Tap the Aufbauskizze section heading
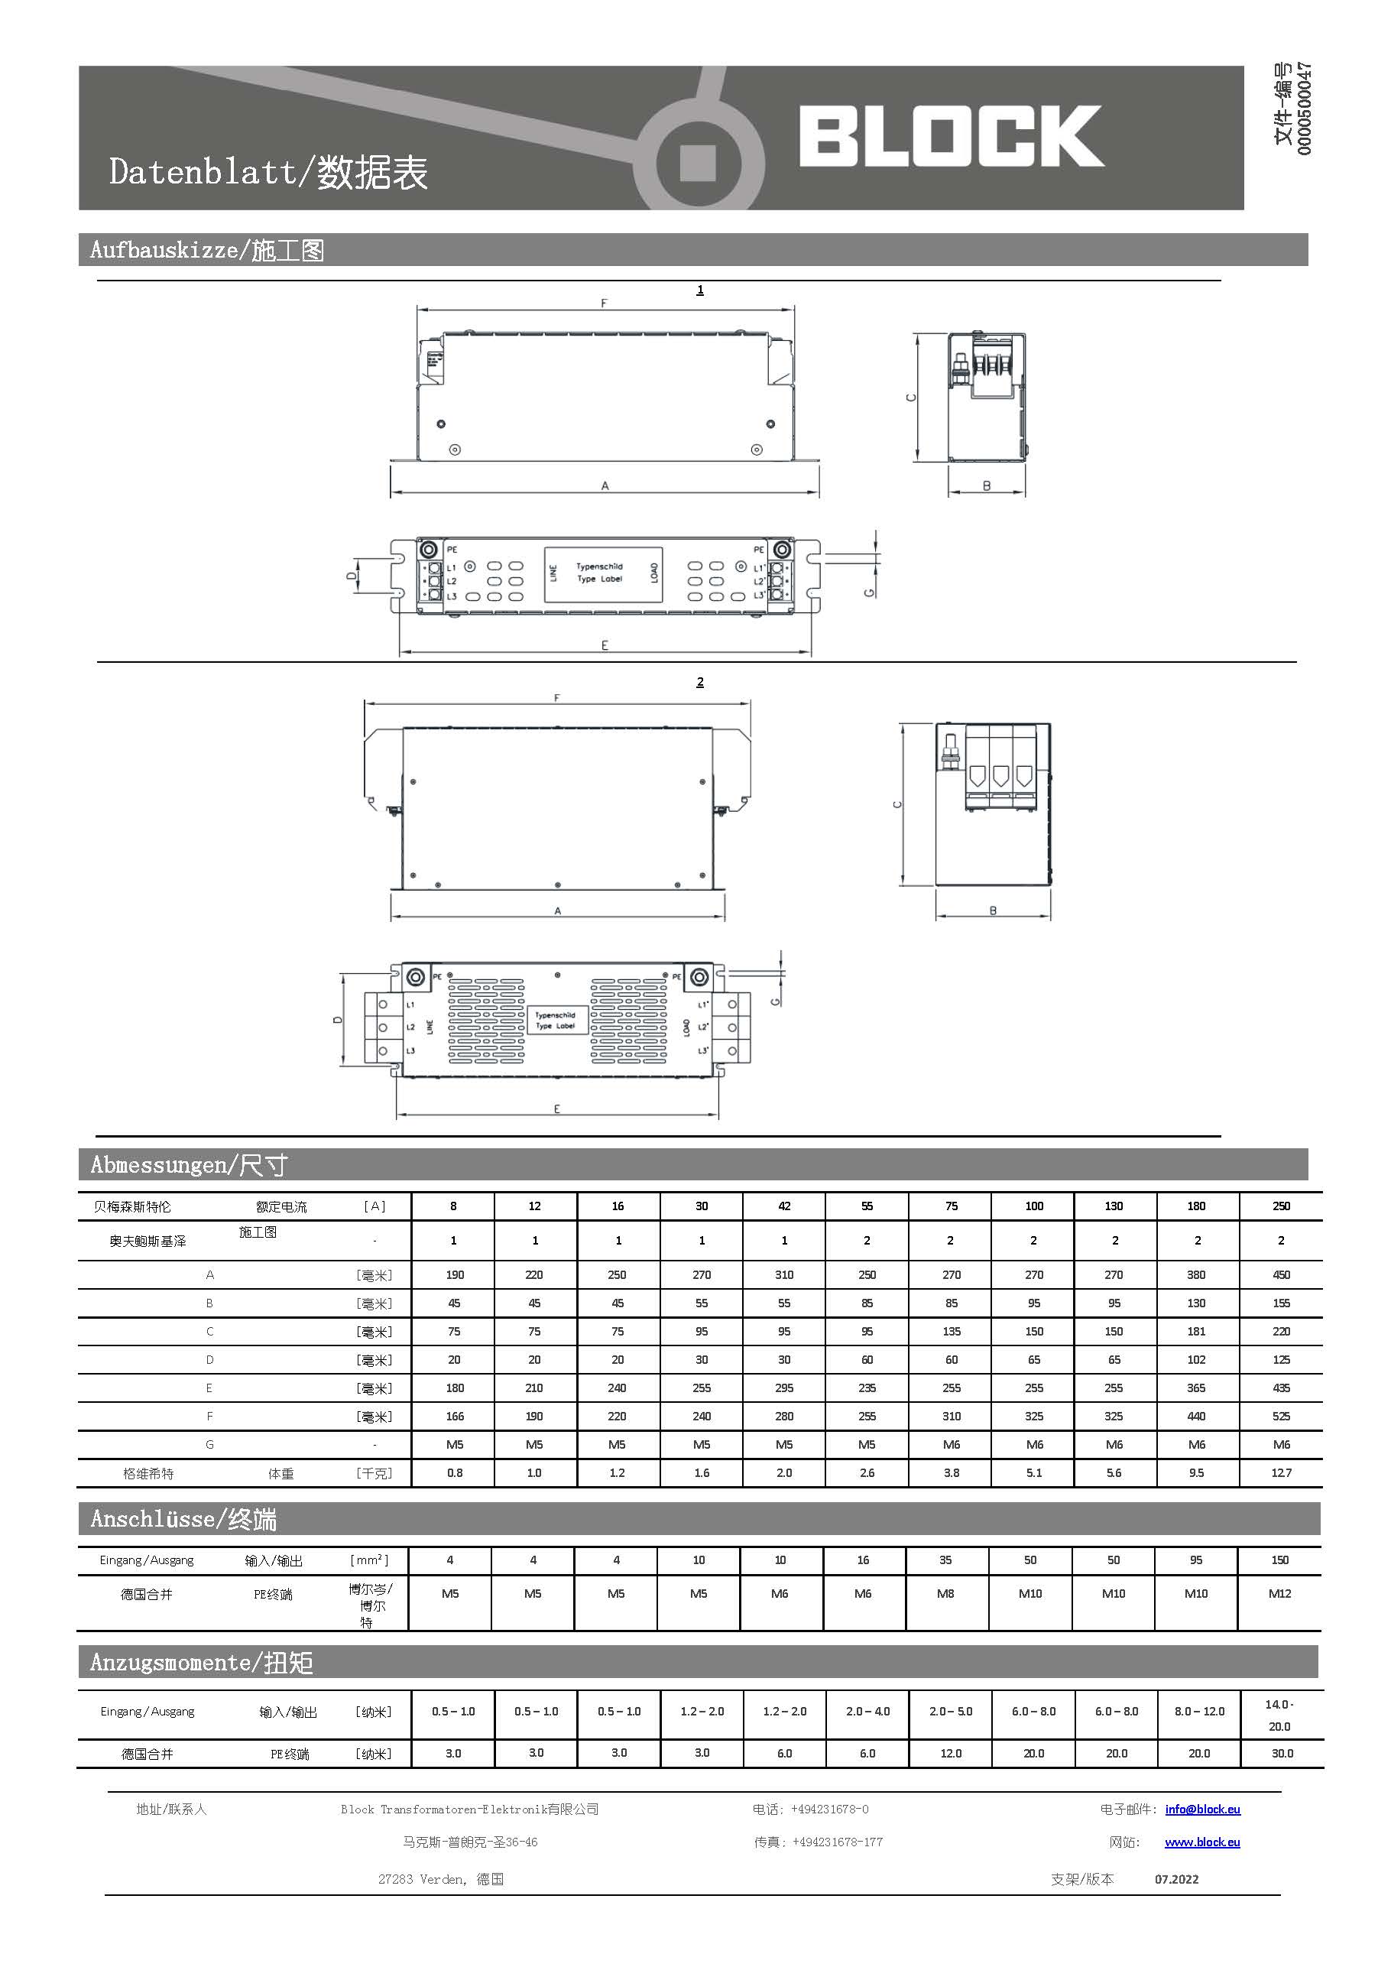[x=206, y=250]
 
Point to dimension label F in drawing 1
[x=604, y=303]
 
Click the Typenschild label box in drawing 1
[x=603, y=573]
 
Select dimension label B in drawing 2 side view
[x=993, y=910]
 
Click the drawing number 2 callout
[x=700, y=682]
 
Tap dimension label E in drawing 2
[x=556, y=1108]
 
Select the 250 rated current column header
[x=1280, y=1206]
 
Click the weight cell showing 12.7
[x=1280, y=1472]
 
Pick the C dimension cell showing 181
[x=1195, y=1331]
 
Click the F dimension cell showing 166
[x=455, y=1416]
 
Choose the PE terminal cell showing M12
[x=1279, y=1593]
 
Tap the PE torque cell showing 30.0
[x=1282, y=1753]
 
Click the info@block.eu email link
[x=1201, y=1810]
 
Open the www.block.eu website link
[x=1201, y=1842]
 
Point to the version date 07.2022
[x=1176, y=1879]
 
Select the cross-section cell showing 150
[x=1279, y=1560]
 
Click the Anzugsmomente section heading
[x=201, y=1663]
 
